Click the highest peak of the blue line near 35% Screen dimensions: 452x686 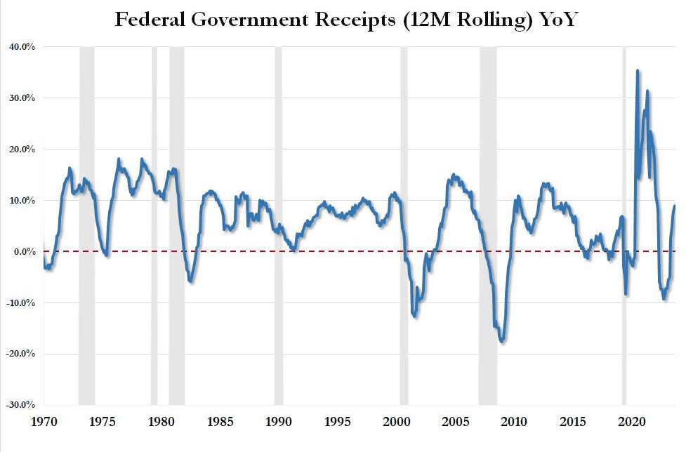point(637,70)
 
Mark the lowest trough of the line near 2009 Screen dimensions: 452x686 point(501,341)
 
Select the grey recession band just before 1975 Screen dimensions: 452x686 point(86,225)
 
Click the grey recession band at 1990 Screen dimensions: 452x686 point(278,225)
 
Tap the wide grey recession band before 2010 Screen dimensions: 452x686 point(488,225)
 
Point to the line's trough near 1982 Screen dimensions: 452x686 point(191,281)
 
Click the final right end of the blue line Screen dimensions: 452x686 point(675,206)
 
